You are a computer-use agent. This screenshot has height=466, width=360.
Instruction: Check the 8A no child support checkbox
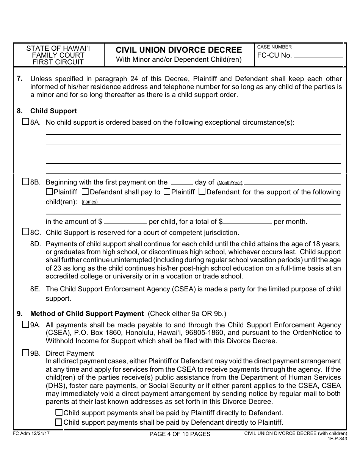tap(25, 122)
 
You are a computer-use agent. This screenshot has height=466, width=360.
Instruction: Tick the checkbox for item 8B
tap(25, 181)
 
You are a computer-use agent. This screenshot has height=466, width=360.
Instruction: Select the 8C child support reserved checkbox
tap(25, 232)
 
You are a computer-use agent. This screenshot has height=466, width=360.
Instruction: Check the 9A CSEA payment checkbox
tap(25, 324)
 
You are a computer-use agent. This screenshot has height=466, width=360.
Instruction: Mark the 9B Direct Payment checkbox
tap(25, 353)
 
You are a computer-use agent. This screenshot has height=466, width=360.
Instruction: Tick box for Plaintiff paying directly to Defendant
tap(59, 413)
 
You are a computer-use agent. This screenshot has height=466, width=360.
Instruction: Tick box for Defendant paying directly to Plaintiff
tap(59, 422)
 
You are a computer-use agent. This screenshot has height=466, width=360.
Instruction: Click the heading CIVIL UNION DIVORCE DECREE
tap(178, 50)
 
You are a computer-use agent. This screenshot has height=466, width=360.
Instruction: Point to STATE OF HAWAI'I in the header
tap(58, 48)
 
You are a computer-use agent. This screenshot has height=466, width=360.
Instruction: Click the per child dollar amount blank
tap(125, 221)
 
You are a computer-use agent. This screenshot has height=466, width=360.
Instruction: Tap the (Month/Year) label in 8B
tap(230, 183)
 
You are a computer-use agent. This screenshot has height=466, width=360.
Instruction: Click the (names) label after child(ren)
tap(90, 202)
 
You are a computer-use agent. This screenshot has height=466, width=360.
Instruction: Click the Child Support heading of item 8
tap(53, 111)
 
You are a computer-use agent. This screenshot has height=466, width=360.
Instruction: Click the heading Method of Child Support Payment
tap(87, 314)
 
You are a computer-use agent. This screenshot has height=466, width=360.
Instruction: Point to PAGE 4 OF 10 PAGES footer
tap(180, 434)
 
